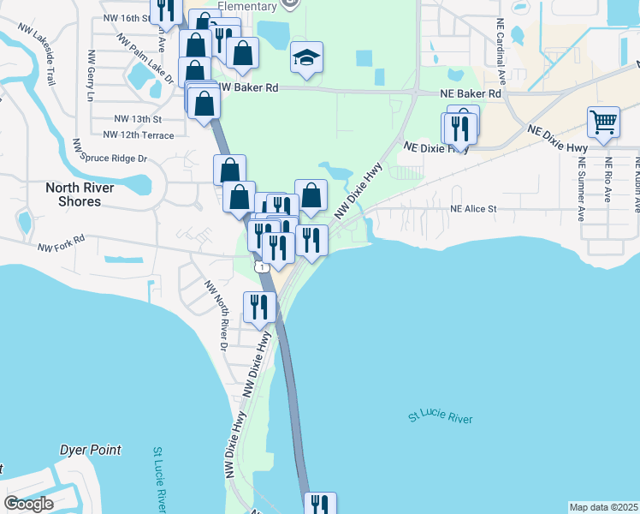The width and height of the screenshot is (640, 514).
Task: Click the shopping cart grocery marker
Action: click(604, 123)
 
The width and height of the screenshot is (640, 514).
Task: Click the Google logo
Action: click(28, 504)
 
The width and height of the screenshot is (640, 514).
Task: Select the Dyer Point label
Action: click(90, 450)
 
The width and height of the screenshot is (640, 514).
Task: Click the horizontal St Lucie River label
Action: click(440, 418)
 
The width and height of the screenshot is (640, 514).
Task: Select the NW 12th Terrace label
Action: click(138, 135)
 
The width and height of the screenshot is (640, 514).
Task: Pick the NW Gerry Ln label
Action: click(89, 75)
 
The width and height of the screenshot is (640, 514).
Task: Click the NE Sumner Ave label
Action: click(581, 190)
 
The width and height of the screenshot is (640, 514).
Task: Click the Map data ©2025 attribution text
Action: click(603, 507)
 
